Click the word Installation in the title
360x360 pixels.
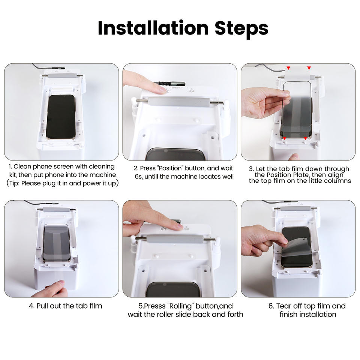click(x=153, y=28)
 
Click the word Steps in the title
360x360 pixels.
click(x=241, y=29)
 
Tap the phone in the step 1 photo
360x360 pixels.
click(x=61, y=117)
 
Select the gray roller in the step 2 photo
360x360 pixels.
click(x=179, y=102)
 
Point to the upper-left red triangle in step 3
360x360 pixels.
click(x=288, y=68)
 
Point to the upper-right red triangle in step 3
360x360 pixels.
click(x=309, y=68)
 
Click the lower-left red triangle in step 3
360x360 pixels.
click(x=285, y=138)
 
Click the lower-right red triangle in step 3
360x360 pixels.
click(x=305, y=138)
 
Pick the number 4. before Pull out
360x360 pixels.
click(x=31, y=306)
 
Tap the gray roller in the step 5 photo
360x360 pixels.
click(x=175, y=240)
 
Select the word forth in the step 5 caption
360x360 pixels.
click(x=235, y=314)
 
